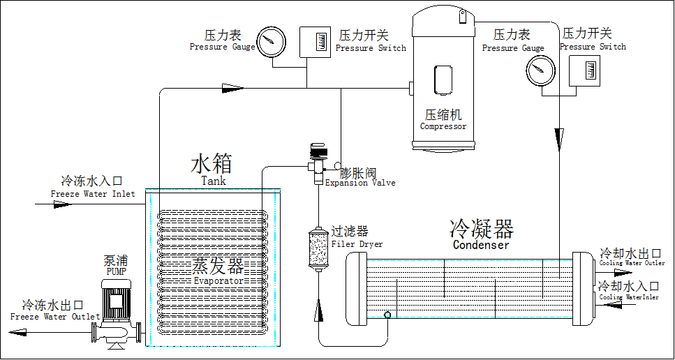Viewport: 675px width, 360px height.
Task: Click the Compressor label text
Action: coord(443,126)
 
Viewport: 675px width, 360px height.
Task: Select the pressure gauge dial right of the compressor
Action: coord(540,69)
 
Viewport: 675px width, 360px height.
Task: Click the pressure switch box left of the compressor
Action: coord(315,42)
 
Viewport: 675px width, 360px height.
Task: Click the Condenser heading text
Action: coord(481,244)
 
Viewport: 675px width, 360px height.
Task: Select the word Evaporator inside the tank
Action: coord(218,280)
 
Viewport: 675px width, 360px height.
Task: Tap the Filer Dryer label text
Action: coord(357,244)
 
